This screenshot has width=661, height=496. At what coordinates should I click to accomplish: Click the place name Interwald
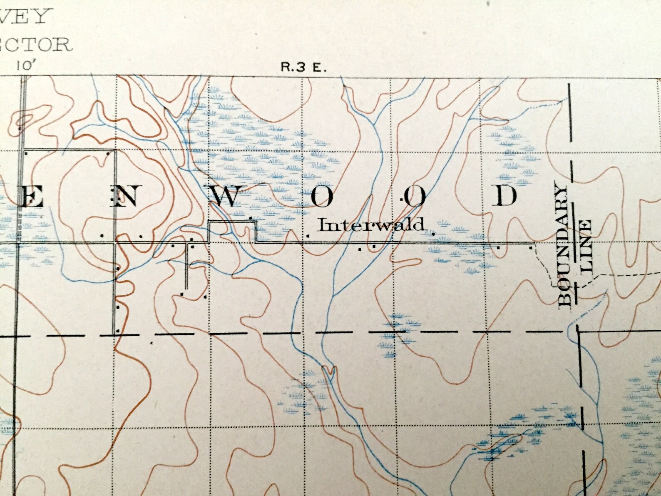[x=371, y=225]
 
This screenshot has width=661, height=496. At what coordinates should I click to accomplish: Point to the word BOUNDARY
[x=564, y=246]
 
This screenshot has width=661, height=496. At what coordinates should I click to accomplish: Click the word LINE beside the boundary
[x=585, y=245]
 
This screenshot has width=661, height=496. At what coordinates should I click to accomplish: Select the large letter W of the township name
[x=225, y=196]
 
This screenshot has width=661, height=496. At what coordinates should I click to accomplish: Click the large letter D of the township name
[x=505, y=195]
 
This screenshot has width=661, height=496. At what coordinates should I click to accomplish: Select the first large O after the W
[x=322, y=197]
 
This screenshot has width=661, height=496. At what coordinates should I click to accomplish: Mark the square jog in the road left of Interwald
[x=232, y=231]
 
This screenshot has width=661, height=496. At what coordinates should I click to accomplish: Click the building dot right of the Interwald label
[x=434, y=234]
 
